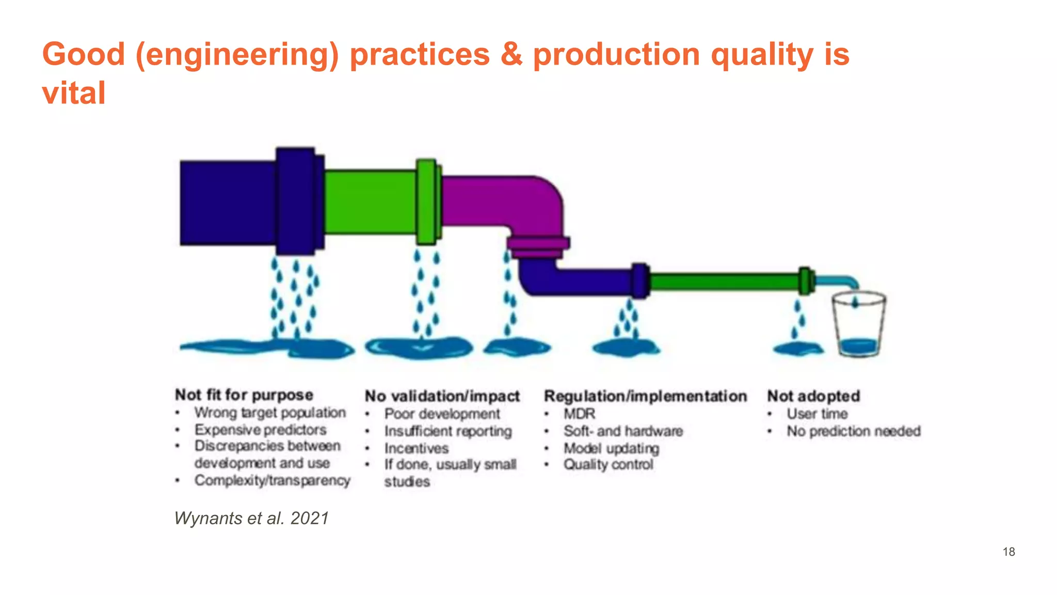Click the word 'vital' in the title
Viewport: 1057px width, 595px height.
click(74, 93)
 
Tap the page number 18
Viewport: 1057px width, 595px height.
click(1008, 552)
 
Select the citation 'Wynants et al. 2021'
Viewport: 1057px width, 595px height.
click(251, 518)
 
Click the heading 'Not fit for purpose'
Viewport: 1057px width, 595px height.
click(244, 395)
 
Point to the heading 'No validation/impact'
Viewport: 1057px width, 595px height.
click(442, 396)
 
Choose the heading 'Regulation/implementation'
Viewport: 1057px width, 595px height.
click(645, 396)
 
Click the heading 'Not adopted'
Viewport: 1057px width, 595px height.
click(813, 396)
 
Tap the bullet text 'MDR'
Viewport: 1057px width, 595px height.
click(579, 414)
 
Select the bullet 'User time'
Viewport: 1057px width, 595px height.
click(817, 414)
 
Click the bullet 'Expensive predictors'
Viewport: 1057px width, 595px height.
click(260, 430)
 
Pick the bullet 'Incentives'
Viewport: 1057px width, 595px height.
click(416, 448)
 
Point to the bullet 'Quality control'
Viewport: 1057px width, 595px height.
click(608, 464)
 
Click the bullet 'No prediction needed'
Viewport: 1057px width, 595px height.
click(853, 431)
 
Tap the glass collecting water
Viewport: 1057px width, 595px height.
click(858, 325)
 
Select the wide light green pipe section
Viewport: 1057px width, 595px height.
click(370, 201)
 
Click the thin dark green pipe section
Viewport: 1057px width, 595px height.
click(723, 282)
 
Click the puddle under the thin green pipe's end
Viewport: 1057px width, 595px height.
click(797, 349)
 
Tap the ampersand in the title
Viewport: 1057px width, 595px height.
click(511, 54)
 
